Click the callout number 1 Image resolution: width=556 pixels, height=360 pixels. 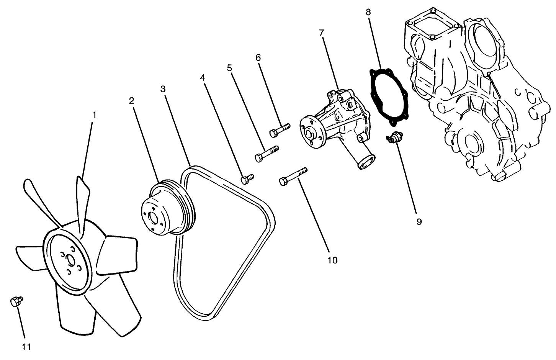tap(94, 115)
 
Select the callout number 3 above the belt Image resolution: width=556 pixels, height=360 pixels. tap(163, 89)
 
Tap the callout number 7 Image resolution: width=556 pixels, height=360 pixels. tap(321, 33)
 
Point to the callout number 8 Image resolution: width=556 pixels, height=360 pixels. tap(368, 12)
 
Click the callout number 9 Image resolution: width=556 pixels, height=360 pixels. tap(419, 222)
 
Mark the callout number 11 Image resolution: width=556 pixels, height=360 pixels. tap(26, 347)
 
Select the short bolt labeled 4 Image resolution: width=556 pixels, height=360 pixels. tap(247, 179)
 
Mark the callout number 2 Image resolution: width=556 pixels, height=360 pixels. tap(131, 101)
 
